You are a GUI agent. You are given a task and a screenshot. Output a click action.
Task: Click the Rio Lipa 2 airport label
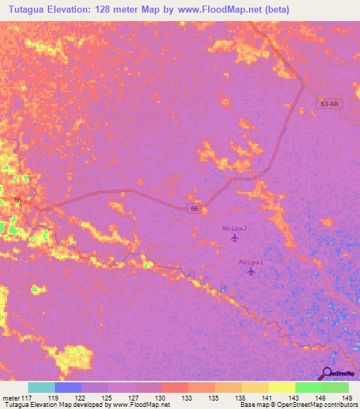(x=234, y=228)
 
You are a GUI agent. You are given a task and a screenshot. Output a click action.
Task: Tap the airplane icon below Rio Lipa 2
(x=235, y=238)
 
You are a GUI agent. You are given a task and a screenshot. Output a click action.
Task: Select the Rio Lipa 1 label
(x=251, y=262)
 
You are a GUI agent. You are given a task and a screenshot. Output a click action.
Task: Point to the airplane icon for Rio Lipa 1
(x=251, y=271)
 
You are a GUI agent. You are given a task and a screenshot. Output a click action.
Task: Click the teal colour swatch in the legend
(x=41, y=387)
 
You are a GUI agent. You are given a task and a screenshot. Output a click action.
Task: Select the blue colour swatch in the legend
(x=68, y=387)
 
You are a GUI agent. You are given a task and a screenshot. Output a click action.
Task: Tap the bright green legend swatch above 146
(x=309, y=387)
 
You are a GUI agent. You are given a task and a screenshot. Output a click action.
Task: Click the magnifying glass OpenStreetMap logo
(x=327, y=373)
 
